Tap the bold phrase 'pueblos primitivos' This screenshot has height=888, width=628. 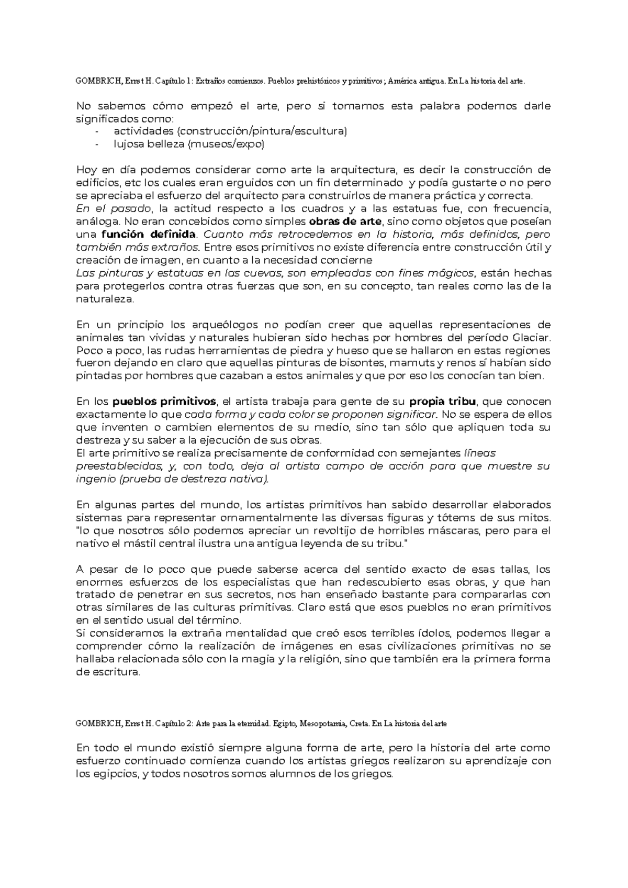164,402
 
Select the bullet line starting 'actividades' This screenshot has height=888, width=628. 230,131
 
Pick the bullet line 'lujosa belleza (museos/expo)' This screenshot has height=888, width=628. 189,145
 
